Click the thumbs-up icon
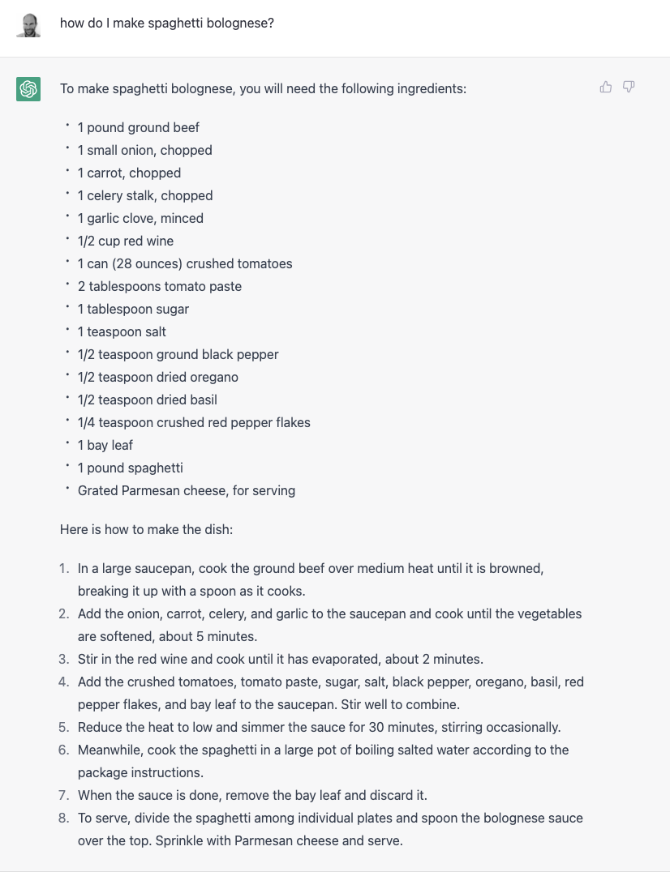click(605, 88)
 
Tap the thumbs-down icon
click(629, 88)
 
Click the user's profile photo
click(28, 24)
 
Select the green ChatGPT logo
click(28, 89)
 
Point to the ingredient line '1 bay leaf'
click(105, 445)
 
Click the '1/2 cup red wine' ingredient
click(126, 241)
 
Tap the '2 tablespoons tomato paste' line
click(160, 286)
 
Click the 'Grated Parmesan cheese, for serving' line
click(187, 490)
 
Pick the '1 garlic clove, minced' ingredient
click(140, 218)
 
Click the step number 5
click(64, 727)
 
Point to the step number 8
click(64, 818)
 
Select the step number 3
click(64, 659)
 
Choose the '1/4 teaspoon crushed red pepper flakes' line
click(194, 422)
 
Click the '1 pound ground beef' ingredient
click(139, 127)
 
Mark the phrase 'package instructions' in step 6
click(140, 772)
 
